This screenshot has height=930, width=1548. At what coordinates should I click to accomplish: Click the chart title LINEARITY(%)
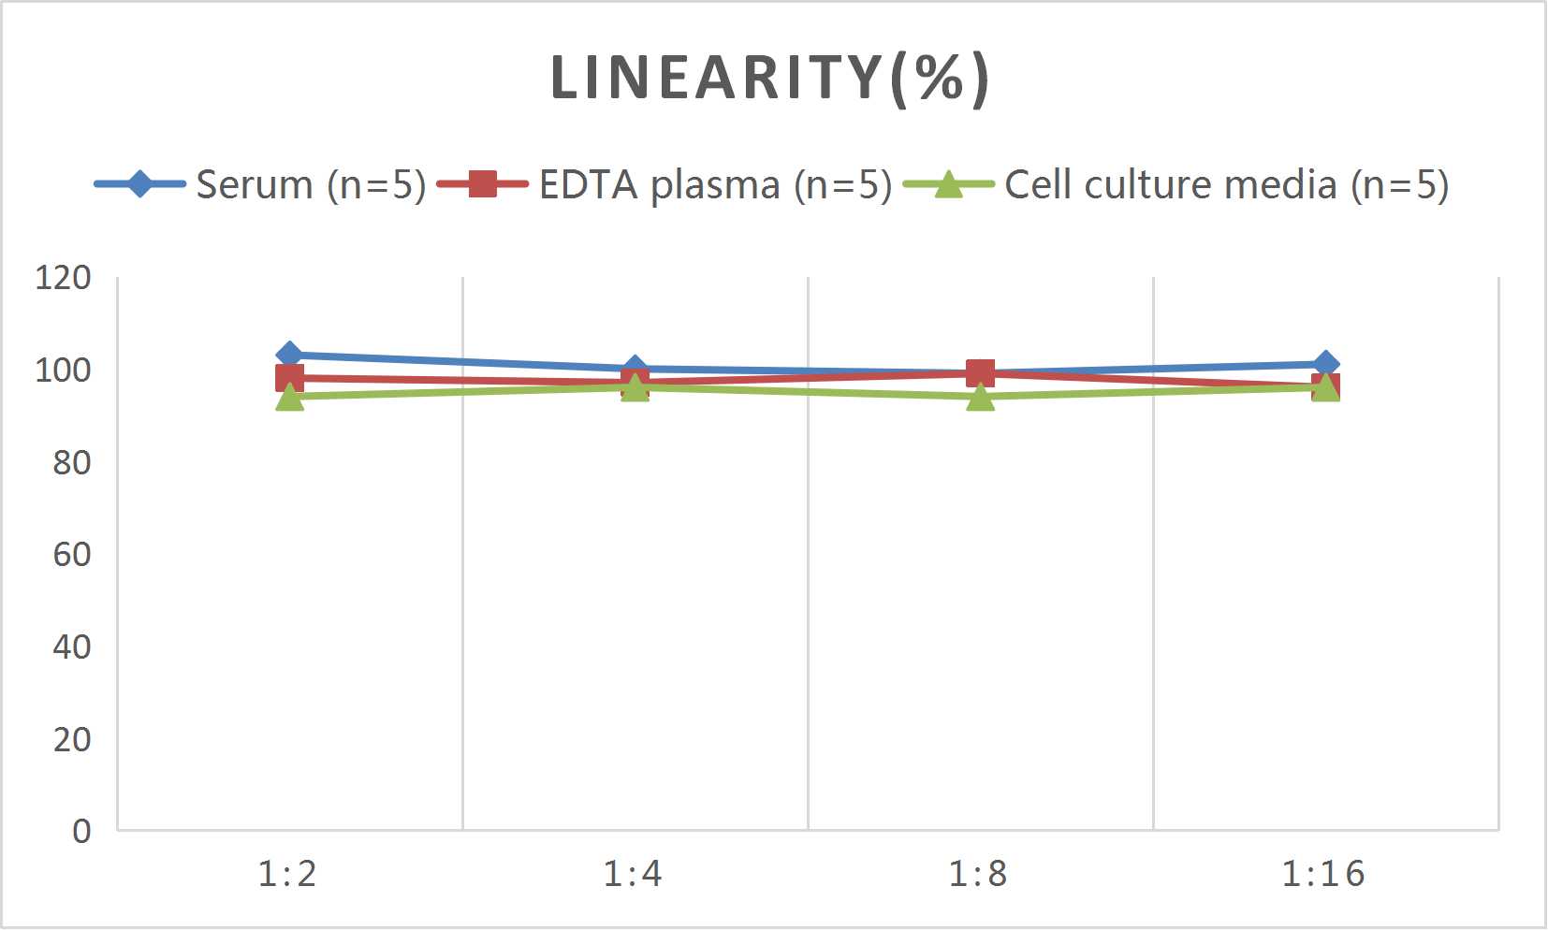click(x=769, y=78)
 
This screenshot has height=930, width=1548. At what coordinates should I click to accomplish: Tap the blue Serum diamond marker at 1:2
click(x=289, y=355)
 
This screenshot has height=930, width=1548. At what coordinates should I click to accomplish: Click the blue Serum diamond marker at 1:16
click(x=1325, y=364)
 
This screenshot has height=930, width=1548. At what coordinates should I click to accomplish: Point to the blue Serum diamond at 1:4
click(x=635, y=369)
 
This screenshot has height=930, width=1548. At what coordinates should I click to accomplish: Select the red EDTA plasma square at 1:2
click(x=289, y=378)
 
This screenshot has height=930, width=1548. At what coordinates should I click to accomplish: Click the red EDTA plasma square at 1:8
click(x=980, y=373)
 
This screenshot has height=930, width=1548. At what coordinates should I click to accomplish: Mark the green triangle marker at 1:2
click(x=289, y=398)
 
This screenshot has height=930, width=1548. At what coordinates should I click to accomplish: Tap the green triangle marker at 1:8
click(x=980, y=398)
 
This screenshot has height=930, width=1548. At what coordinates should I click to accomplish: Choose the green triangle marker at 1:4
click(x=635, y=387)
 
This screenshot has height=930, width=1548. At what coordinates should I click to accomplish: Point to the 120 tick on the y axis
click(x=63, y=278)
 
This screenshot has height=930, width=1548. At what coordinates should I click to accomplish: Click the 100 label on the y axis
click(x=63, y=371)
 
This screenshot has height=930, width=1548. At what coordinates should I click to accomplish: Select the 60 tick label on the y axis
click(x=71, y=555)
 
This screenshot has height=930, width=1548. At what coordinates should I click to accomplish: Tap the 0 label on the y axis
click(x=81, y=831)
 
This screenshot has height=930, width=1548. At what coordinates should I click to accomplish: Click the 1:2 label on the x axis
click(x=287, y=874)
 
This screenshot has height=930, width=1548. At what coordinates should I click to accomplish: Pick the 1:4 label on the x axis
click(x=633, y=874)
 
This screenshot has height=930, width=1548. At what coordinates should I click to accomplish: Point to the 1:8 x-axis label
click(x=978, y=874)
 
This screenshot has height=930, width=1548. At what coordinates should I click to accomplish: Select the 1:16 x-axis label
click(x=1322, y=874)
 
